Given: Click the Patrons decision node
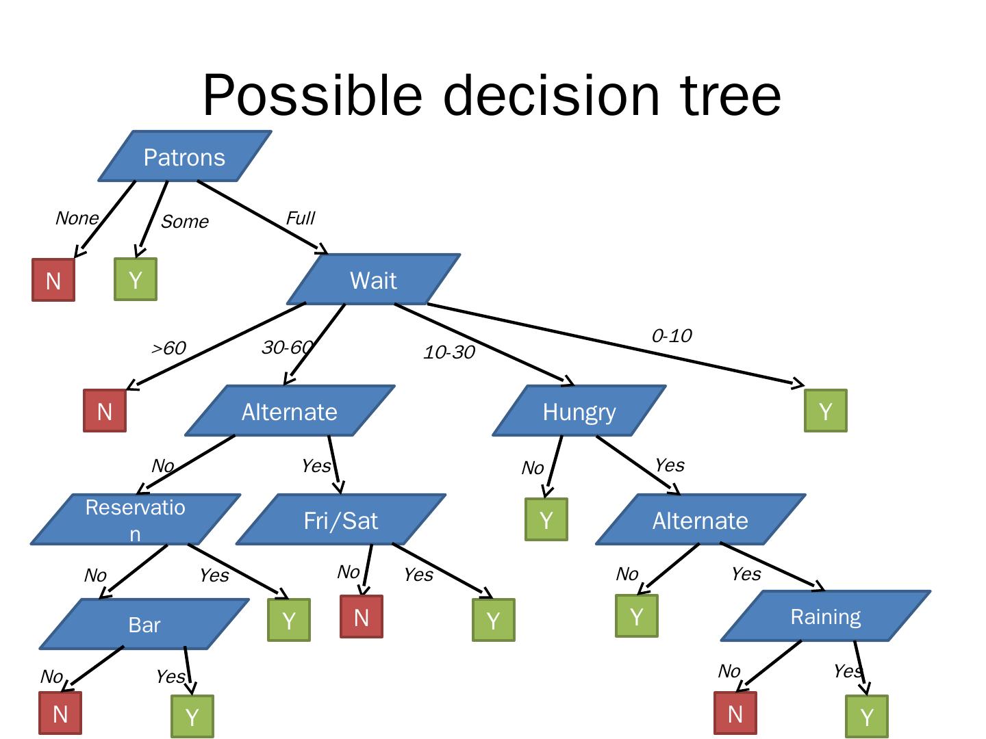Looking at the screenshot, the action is coord(185,156).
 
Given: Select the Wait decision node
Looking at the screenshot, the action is coord(373,280).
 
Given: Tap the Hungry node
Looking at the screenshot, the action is coord(579,411).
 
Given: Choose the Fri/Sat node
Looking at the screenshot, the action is coord(341,519).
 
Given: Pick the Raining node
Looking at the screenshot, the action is coord(826,616).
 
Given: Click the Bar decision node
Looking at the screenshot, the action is coord(144,623).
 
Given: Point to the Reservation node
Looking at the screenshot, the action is coord(135,519).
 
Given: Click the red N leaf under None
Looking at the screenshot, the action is coord(53,280).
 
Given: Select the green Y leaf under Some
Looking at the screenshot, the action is coord(136,279).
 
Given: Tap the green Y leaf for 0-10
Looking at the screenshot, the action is coord(826,411).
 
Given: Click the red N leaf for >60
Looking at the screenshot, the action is coord(105,411).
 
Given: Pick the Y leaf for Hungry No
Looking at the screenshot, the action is coord(546,519).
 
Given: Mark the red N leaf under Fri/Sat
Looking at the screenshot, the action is coord(362,617).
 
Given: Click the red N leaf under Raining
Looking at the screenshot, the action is coord(735,713).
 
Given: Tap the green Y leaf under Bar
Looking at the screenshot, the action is coord(192,716).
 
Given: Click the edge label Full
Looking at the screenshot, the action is coord(301,218).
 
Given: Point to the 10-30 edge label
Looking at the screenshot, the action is coord(448,352).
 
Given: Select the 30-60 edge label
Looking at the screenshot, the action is coord(288,348).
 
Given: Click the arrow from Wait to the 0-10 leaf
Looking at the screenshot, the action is coord(616,345).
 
